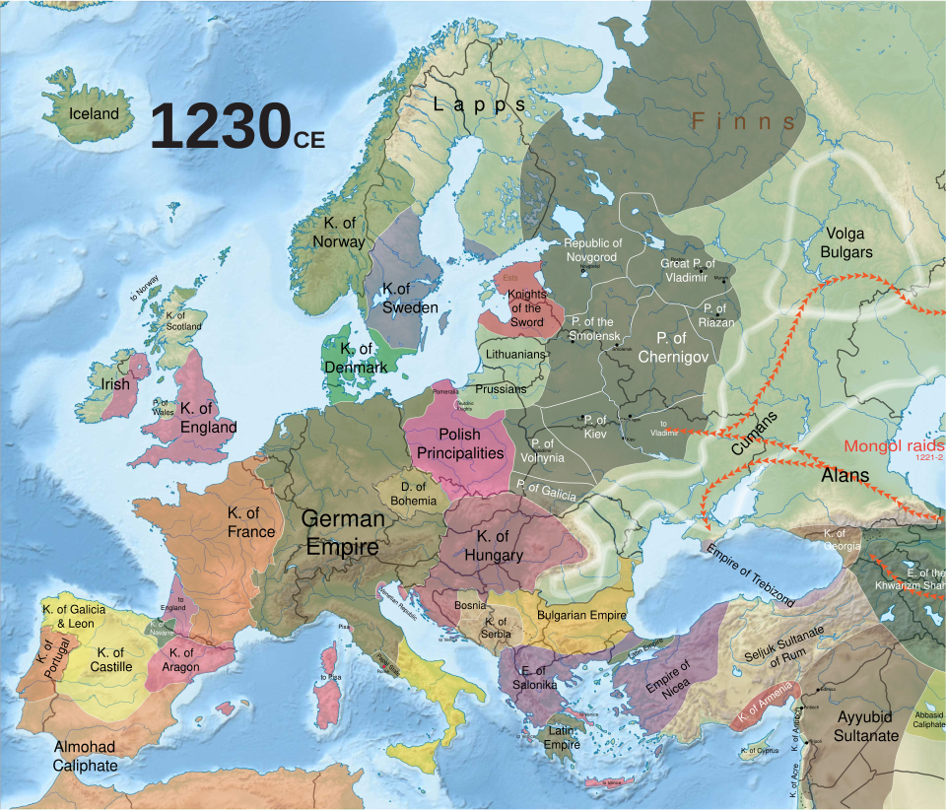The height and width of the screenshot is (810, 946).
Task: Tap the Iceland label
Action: coord(94,113)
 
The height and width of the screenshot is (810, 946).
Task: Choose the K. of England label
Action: coord(208,418)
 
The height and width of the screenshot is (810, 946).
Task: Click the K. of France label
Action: coord(250,522)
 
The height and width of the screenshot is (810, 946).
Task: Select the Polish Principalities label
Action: coord(460,443)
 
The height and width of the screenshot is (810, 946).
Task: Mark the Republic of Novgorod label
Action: coord(592,250)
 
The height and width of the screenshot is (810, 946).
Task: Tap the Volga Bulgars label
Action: coord(846,242)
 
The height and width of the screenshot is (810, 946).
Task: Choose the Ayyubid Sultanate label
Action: coord(866,725)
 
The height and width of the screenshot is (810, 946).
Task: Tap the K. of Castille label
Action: coord(110,659)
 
